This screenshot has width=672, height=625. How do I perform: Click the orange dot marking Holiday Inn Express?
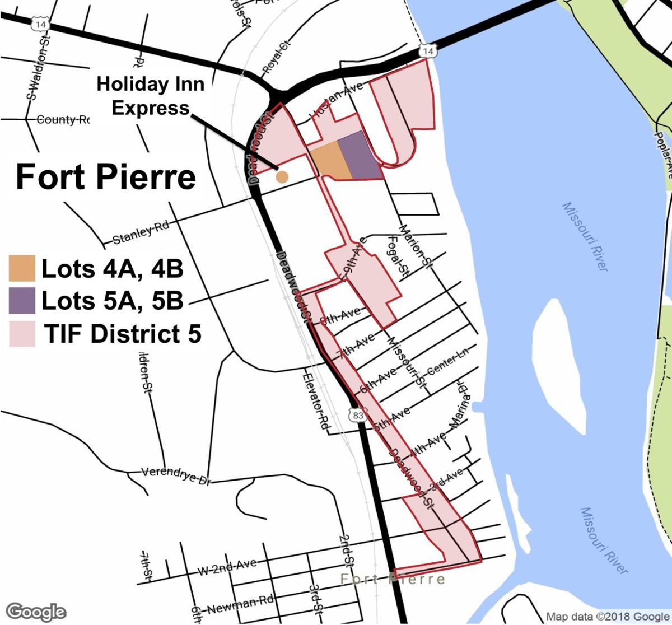(283, 177)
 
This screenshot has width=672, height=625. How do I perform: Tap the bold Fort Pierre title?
(106, 176)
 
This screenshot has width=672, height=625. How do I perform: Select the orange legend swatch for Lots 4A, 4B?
(22, 268)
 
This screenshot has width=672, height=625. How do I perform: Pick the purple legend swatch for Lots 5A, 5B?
(22, 301)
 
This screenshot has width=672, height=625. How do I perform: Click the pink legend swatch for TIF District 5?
(22, 334)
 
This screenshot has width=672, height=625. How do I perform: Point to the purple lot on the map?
(358, 155)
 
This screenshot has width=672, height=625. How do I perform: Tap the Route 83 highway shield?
(358, 416)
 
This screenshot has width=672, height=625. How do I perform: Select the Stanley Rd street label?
(141, 234)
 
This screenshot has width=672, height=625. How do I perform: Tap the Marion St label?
(414, 246)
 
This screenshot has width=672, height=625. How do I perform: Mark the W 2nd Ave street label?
(227, 567)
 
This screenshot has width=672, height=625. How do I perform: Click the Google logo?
(35, 611)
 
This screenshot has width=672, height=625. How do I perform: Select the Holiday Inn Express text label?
(151, 96)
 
